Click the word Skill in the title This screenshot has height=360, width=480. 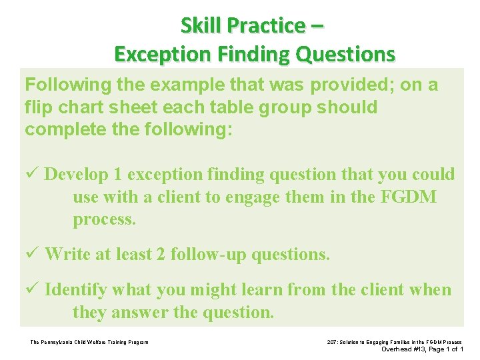[201, 25]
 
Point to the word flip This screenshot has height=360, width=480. [38, 107]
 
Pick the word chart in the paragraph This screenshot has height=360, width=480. [80, 107]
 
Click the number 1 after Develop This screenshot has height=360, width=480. [117, 174]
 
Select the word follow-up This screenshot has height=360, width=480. [205, 253]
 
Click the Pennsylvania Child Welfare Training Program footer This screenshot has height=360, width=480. [89, 343]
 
